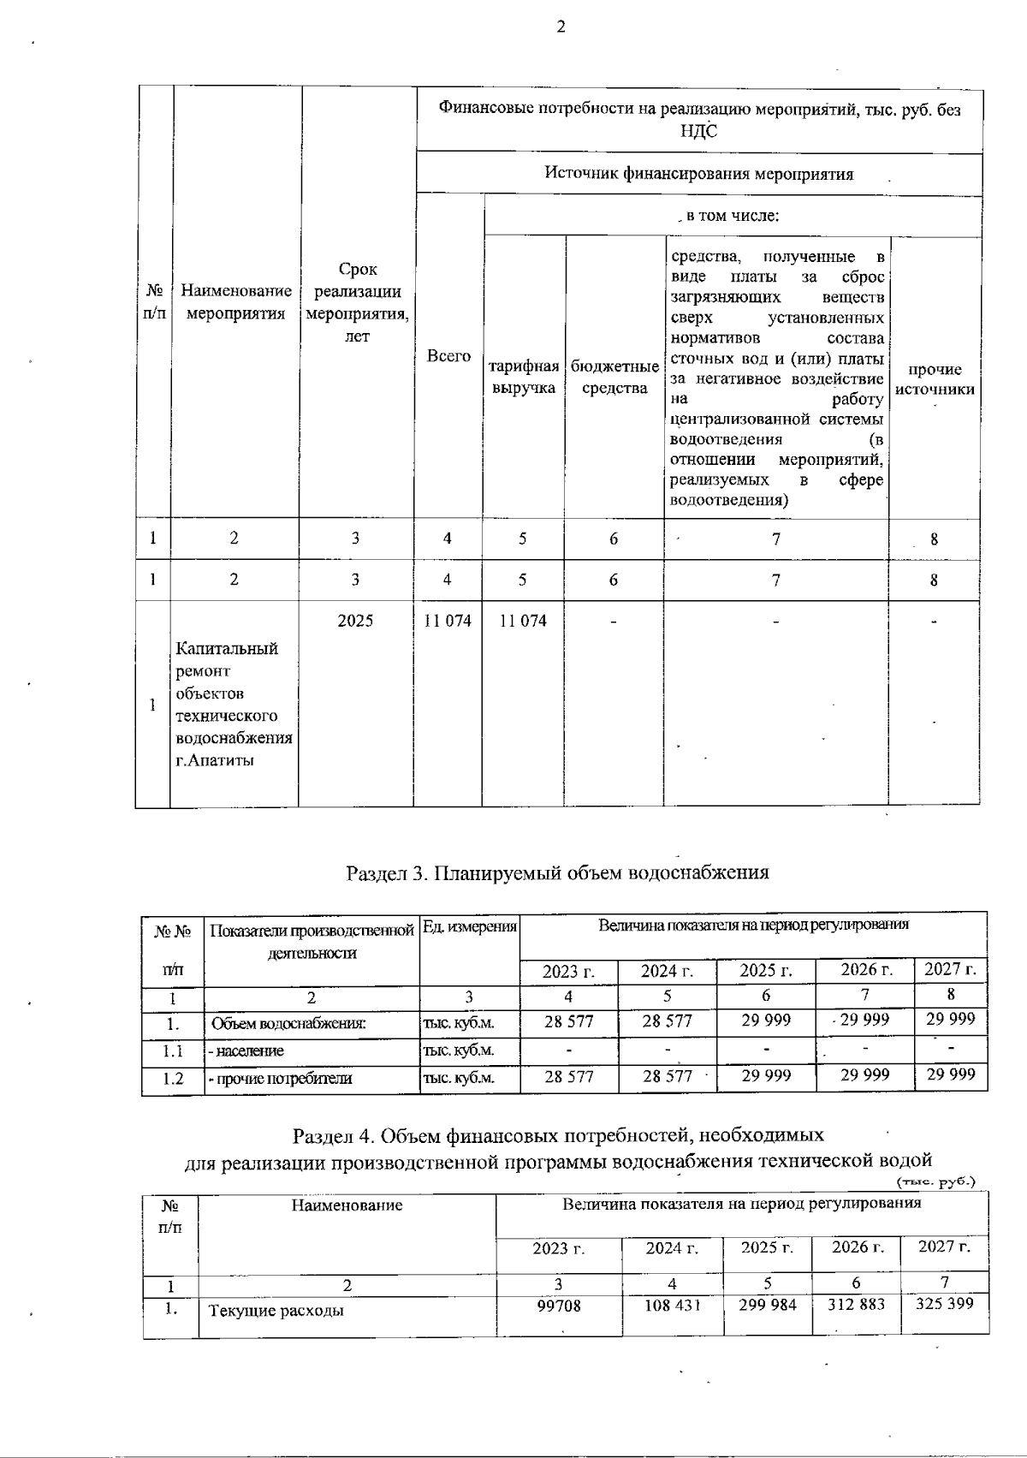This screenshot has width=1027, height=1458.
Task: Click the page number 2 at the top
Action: (x=561, y=27)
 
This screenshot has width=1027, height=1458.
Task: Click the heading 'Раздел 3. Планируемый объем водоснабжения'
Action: (x=557, y=872)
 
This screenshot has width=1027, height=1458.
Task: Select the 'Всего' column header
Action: (x=448, y=356)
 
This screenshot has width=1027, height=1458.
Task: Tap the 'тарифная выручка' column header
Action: (x=523, y=377)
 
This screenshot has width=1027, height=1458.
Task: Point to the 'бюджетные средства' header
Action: (x=614, y=377)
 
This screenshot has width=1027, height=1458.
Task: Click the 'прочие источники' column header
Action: (x=935, y=378)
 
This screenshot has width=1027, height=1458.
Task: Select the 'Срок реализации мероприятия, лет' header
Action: (x=357, y=303)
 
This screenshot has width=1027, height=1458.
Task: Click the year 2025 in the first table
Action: (x=355, y=621)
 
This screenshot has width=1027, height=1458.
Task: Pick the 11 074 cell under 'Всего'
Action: (x=448, y=621)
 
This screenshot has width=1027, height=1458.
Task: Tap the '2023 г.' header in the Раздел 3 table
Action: (x=568, y=971)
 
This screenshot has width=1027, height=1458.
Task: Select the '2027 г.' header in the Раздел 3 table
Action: (x=950, y=970)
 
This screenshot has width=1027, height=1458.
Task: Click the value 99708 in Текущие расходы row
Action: (x=558, y=1306)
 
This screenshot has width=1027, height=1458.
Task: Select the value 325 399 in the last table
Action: (x=944, y=1305)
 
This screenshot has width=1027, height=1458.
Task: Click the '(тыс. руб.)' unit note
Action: (x=935, y=1182)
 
